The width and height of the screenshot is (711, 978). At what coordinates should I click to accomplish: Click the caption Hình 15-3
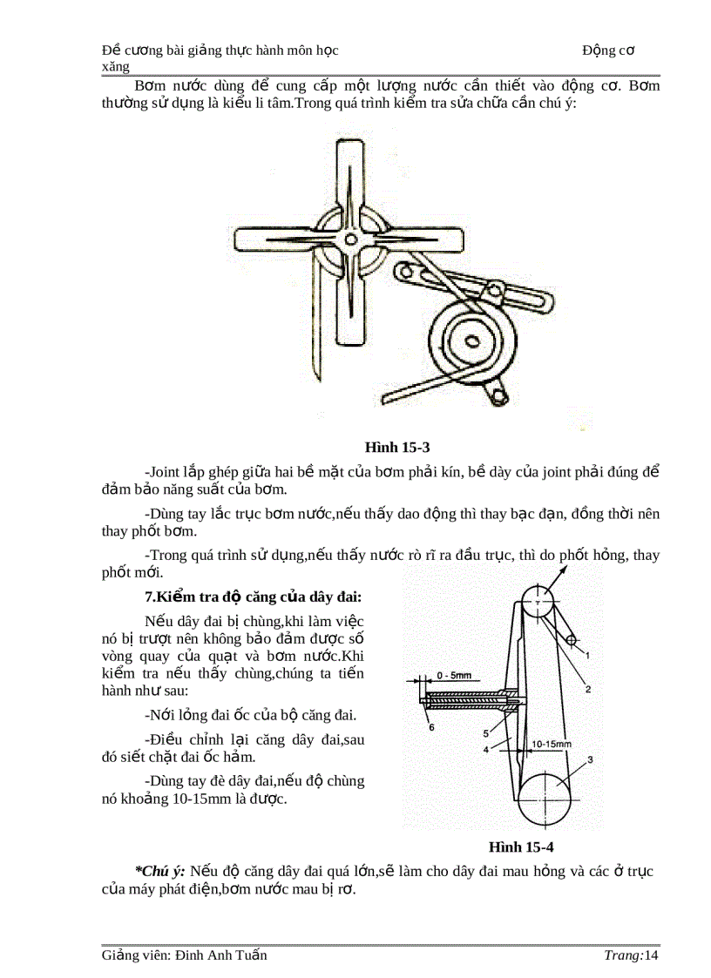[x=397, y=448]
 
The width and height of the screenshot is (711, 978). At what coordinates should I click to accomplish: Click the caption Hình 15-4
[x=521, y=846]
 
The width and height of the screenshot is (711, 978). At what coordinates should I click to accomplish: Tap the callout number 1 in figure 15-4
[x=588, y=654]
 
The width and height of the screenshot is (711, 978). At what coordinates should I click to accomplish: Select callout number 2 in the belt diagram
[x=588, y=689]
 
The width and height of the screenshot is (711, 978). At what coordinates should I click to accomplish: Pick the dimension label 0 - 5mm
[x=453, y=675]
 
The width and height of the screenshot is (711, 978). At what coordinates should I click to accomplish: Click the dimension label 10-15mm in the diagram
[x=551, y=745]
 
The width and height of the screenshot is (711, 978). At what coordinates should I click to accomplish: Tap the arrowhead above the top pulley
[x=562, y=570]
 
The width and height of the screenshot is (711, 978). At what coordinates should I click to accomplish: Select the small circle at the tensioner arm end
[x=572, y=641]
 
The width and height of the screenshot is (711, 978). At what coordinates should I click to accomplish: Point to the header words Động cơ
[x=608, y=51]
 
